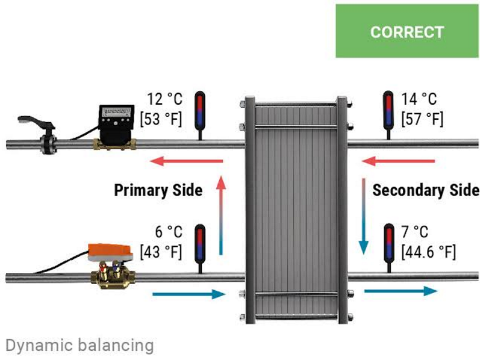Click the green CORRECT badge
point(407,31)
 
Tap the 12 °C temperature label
point(164,98)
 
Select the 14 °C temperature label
point(419,98)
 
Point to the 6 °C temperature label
point(168,232)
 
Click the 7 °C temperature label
point(415,232)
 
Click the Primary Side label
point(158,190)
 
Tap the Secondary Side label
point(426,190)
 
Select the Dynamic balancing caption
point(79,345)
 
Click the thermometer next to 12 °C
point(200,112)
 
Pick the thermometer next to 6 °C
point(200,246)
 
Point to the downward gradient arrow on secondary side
point(364,216)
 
